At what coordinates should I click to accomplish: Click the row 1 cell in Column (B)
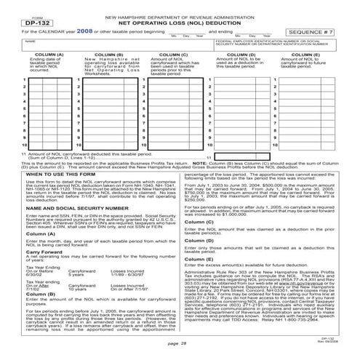[108, 87]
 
